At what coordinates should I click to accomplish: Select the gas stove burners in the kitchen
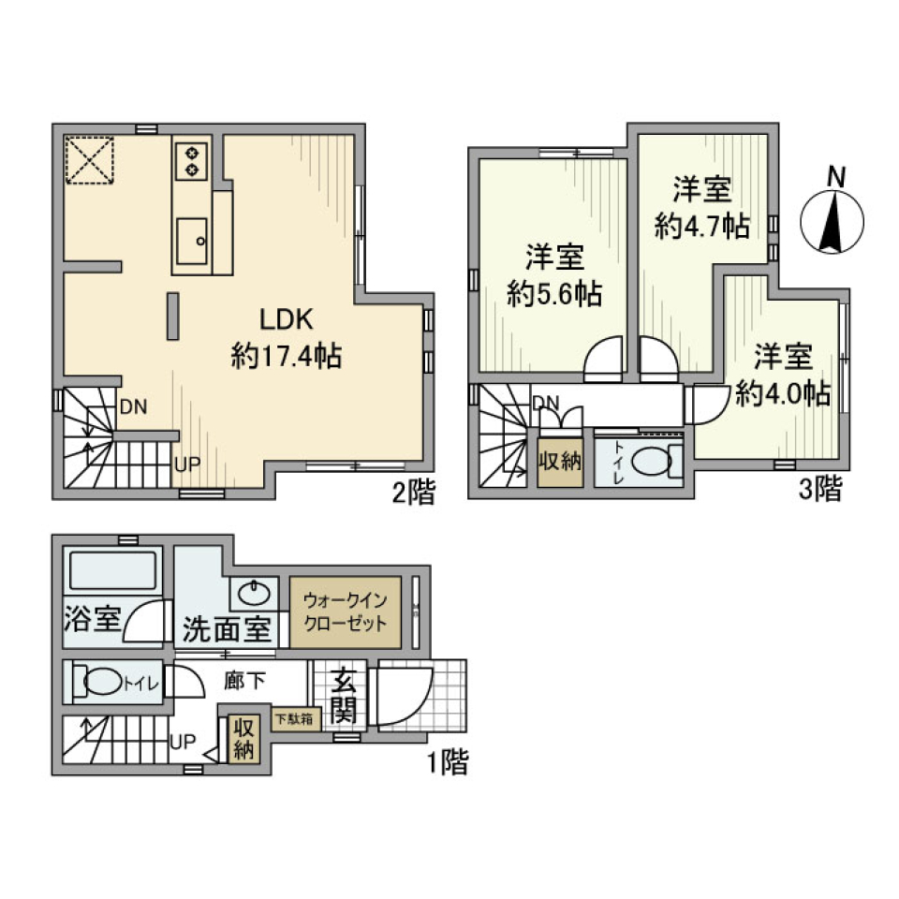point(192,159)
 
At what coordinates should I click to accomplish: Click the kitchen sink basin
point(192,242)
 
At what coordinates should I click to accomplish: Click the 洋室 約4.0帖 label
point(783,375)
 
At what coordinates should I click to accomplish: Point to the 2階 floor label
point(413,493)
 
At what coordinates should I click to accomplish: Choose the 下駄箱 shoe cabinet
point(295,719)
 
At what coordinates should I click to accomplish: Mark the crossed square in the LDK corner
point(89,161)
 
